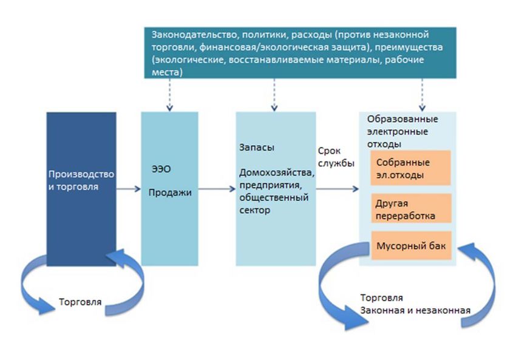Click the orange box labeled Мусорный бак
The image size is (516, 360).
click(411, 245)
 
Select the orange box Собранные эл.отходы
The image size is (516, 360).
click(410, 168)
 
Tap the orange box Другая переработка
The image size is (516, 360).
click(411, 208)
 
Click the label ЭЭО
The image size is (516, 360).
click(161, 169)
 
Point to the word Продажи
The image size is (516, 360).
click(170, 192)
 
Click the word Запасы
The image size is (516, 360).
click(257, 148)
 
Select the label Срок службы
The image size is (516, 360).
click(336, 157)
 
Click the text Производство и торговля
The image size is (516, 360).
click(81, 180)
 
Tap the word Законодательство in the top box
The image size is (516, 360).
click(194, 35)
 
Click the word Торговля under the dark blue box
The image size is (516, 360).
click(80, 302)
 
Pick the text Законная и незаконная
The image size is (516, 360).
click(415, 310)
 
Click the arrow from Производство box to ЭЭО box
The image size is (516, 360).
click(128, 189)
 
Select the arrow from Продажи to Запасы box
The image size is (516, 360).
click(217, 189)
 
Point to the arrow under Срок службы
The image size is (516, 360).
click(338, 189)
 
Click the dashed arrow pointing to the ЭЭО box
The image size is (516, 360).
click(169, 95)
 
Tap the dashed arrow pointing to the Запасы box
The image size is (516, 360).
click(274, 95)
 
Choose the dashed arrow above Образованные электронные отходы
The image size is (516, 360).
click(423, 95)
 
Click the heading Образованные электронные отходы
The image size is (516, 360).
click(402, 131)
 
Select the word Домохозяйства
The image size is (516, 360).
click(277, 172)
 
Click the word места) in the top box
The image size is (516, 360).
click(167, 72)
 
